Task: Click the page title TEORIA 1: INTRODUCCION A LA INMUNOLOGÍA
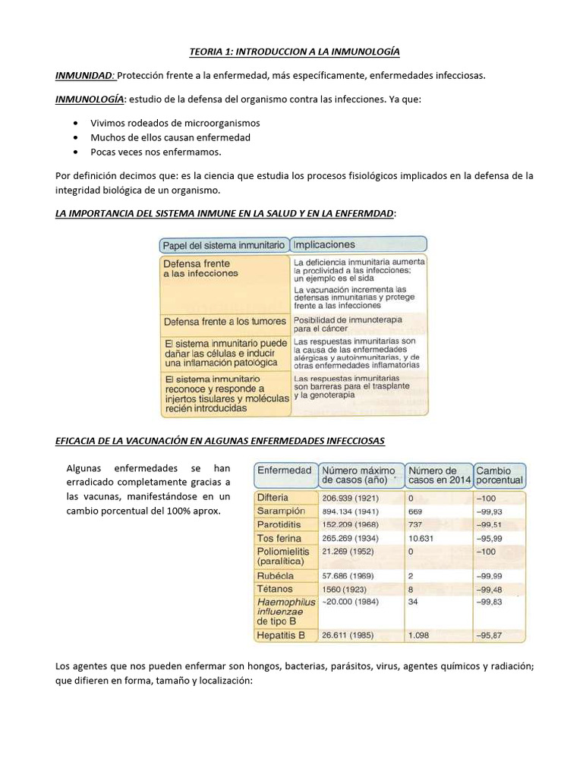pyautogui.click(x=294, y=52)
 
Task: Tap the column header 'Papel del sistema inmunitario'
pyautogui.click(x=224, y=245)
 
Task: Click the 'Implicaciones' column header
pyautogui.click(x=324, y=245)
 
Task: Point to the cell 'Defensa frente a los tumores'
pyautogui.click(x=225, y=322)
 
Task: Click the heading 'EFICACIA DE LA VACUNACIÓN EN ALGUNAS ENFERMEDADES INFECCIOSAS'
pyautogui.click(x=220, y=441)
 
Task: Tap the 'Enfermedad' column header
pyautogui.click(x=285, y=470)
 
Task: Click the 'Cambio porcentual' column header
pyautogui.click(x=499, y=475)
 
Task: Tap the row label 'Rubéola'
pyautogui.click(x=274, y=575)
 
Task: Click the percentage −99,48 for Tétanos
pyautogui.click(x=490, y=589)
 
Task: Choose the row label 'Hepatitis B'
pyautogui.click(x=281, y=634)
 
